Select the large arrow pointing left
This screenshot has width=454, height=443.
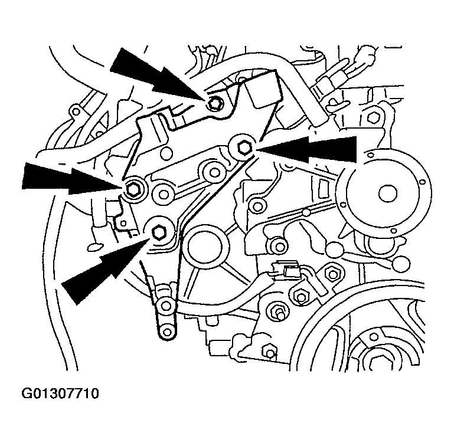tap(313, 149)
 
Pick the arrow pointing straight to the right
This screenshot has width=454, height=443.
tap(65, 179)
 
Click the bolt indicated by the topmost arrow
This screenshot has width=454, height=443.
tap(215, 104)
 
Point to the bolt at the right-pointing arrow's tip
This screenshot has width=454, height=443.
tap(132, 188)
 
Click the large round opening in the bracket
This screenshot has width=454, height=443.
tap(204, 247)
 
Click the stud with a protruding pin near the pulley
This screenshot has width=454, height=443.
tap(277, 311)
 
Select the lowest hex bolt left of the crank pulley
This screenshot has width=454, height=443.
tap(270, 353)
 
